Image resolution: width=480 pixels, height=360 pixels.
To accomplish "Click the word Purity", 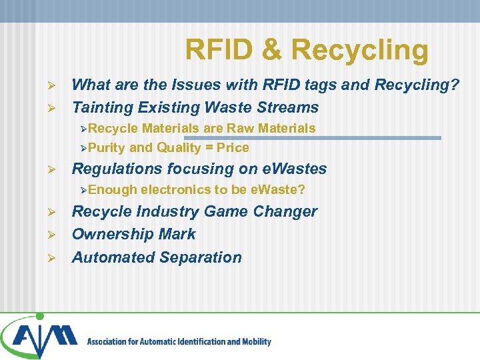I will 107,148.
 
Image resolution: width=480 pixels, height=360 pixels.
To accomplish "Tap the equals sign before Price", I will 210,148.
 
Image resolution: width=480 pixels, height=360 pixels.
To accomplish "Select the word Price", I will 233,148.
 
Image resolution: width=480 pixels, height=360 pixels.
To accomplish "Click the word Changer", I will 287,212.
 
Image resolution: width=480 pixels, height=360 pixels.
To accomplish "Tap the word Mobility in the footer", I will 255,342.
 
